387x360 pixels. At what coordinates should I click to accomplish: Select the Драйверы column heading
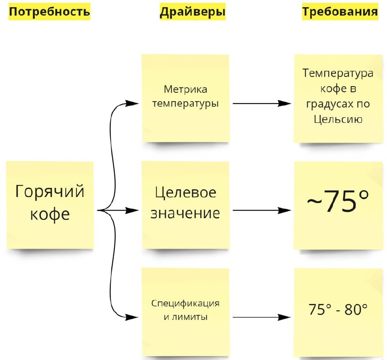click(x=193, y=12)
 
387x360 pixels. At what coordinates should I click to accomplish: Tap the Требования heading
click(x=340, y=12)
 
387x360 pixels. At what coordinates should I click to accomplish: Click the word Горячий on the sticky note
click(x=50, y=192)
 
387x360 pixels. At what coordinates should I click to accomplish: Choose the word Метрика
click(x=185, y=90)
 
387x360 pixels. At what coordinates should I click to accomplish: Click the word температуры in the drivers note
click(x=185, y=103)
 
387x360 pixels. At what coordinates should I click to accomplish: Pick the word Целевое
click(x=185, y=192)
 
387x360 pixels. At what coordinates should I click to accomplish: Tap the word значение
click(x=185, y=213)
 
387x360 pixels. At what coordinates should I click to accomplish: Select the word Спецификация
click(x=185, y=303)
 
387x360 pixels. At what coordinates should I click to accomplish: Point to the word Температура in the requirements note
click(x=338, y=74)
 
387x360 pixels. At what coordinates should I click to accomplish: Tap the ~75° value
click(x=338, y=202)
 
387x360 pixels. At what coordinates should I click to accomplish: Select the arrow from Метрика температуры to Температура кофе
click(x=261, y=104)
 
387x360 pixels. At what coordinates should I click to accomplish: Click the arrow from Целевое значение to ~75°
click(x=261, y=210)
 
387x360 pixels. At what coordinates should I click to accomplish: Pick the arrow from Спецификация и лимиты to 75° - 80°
click(x=261, y=317)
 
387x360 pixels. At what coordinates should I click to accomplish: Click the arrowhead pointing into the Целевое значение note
click(x=134, y=210)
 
